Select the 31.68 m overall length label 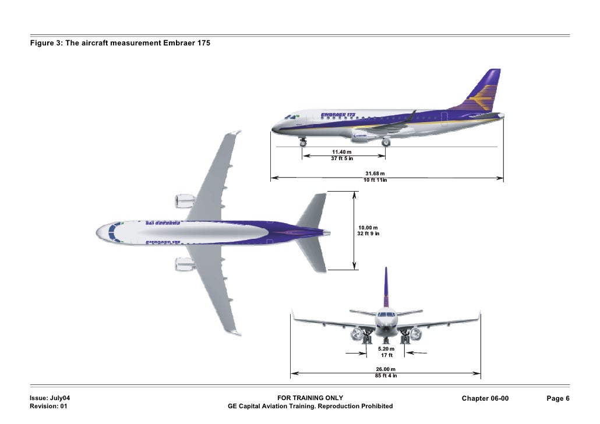pyautogui.click(x=375, y=176)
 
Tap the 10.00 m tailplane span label pyautogui.click(x=368, y=230)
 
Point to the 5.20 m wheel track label pyautogui.click(x=386, y=352)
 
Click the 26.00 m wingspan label pyautogui.click(x=386, y=372)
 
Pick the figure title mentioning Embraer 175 pyautogui.click(x=120, y=44)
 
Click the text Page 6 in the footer pyautogui.click(x=557, y=398)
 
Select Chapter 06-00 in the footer pyautogui.click(x=485, y=398)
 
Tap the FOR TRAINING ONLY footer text pyautogui.click(x=310, y=398)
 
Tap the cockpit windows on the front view pyautogui.click(x=385, y=315)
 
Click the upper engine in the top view pyautogui.click(x=185, y=202)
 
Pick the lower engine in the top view pyautogui.click(x=185, y=264)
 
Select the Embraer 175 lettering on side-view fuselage pyautogui.click(x=337, y=115)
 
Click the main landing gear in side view pyautogui.click(x=385, y=142)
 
